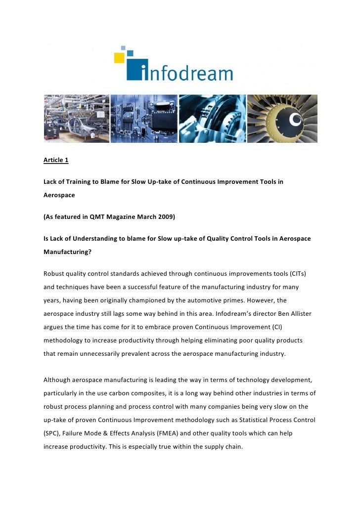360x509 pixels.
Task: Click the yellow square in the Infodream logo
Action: click(119, 58)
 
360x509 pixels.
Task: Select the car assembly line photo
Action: click(76, 119)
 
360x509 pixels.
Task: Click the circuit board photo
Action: click(143, 119)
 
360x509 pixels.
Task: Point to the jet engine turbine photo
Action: click(282, 119)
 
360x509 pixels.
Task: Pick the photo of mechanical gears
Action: click(212, 119)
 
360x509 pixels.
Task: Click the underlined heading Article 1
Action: click(56, 160)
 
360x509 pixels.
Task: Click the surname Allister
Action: click(298, 314)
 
